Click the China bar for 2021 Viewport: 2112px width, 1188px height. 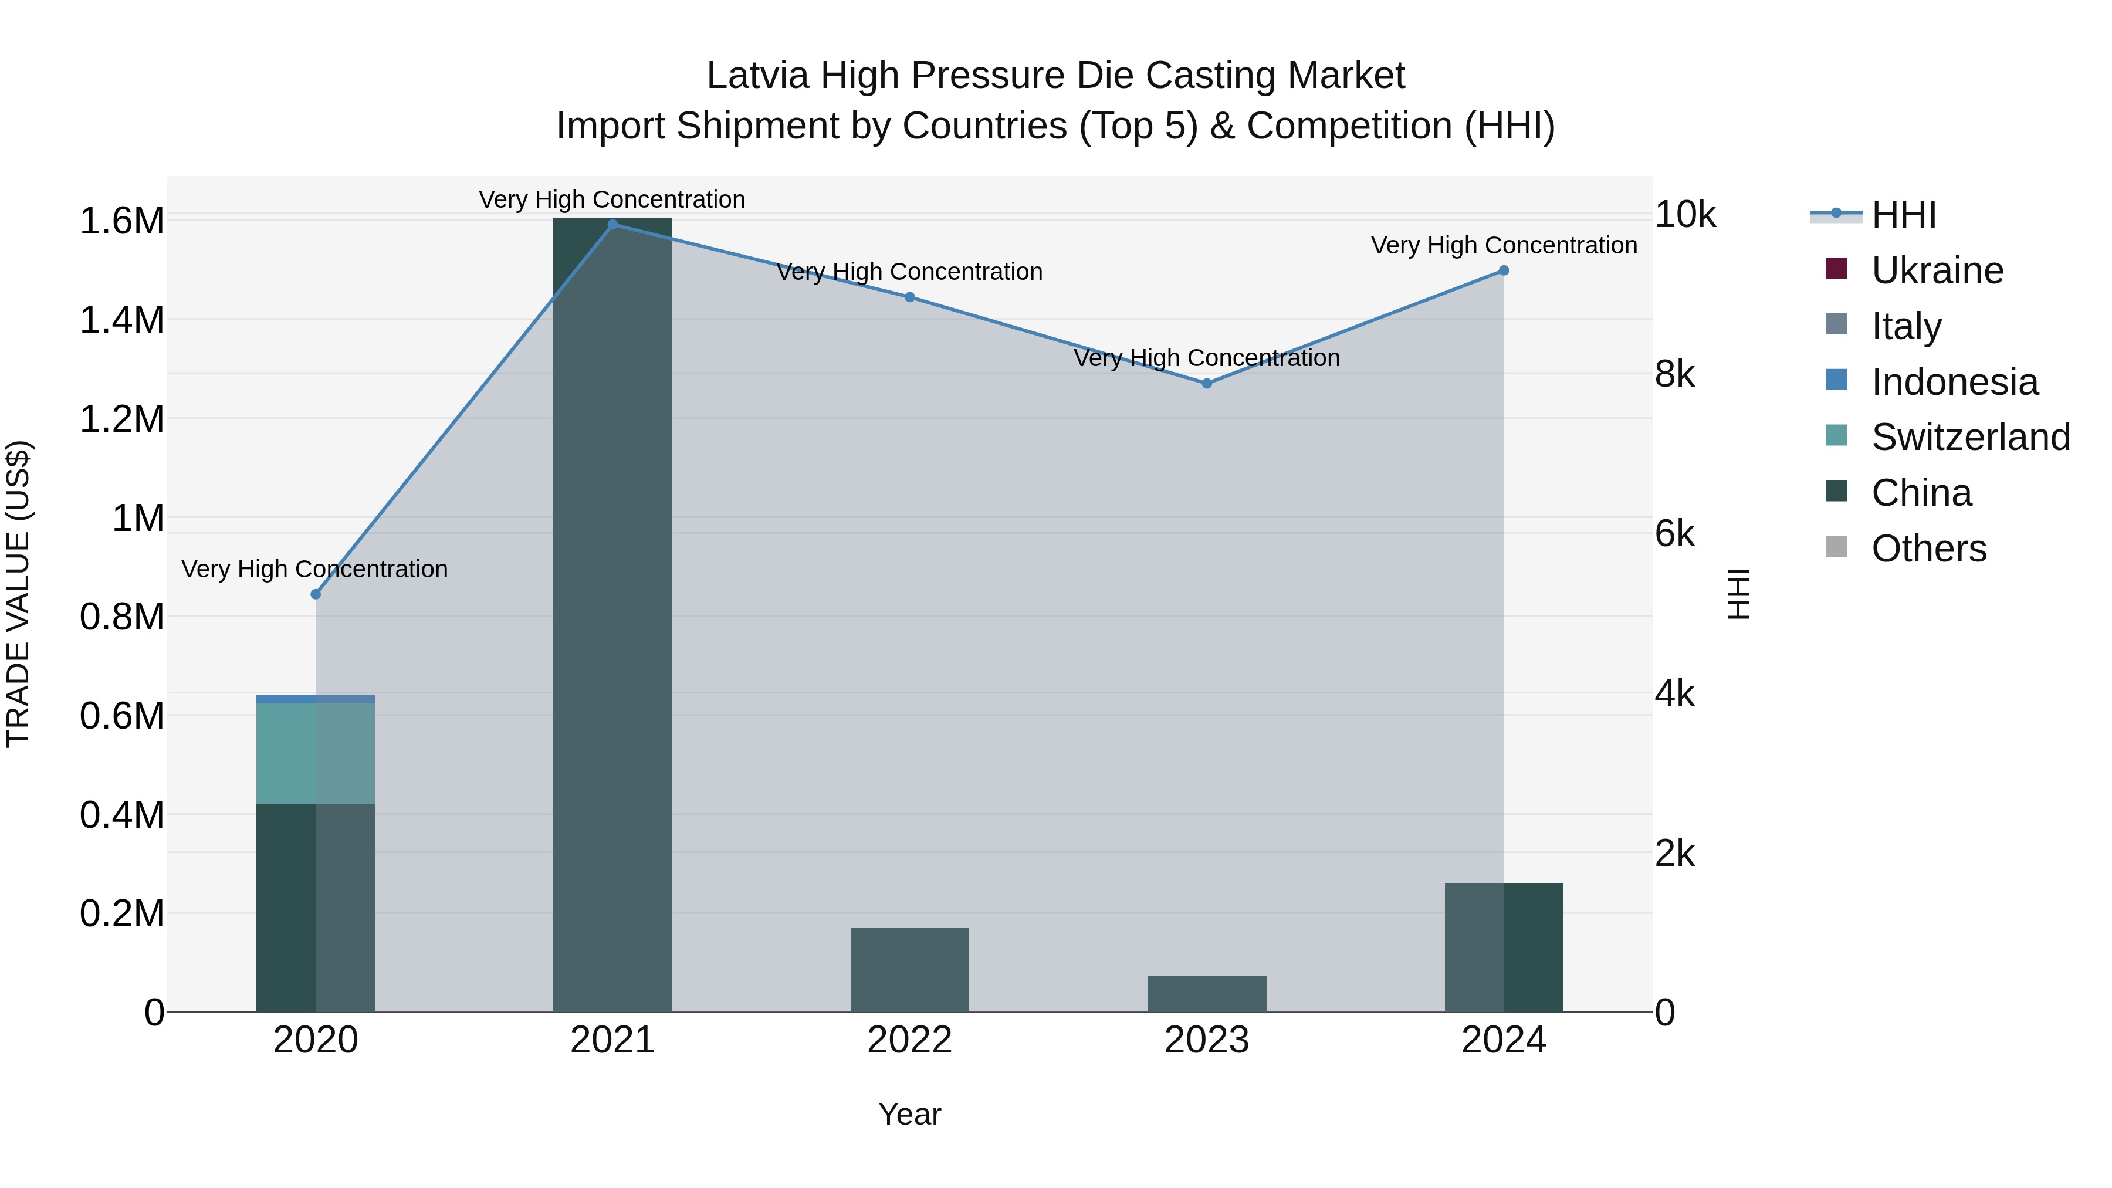click(612, 615)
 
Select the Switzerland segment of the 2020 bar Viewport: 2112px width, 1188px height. click(315, 753)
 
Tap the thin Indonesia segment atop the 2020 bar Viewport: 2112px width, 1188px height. click(315, 699)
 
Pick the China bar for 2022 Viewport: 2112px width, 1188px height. click(909, 969)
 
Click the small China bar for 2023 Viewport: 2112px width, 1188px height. click(1206, 994)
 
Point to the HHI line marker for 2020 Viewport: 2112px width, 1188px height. click(316, 594)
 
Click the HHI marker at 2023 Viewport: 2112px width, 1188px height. click(1206, 383)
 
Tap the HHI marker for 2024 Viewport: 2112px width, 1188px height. click(1504, 270)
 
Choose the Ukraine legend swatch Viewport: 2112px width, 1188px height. click(1836, 269)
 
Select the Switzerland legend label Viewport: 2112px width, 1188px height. click(1970, 437)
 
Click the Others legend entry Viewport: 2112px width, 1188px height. click(1928, 549)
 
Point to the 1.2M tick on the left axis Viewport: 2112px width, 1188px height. click(121, 419)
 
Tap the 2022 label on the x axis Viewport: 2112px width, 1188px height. click(909, 1040)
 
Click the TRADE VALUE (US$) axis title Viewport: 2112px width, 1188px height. click(18, 594)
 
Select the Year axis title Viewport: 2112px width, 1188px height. click(909, 1114)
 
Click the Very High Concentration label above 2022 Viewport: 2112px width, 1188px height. click(909, 272)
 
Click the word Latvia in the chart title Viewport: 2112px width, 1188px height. click(757, 76)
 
